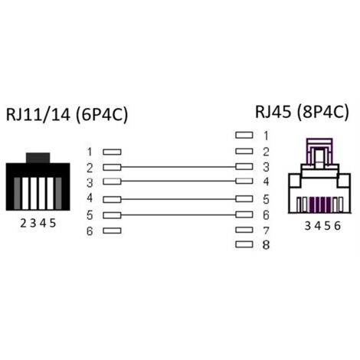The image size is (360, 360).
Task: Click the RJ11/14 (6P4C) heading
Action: [x=67, y=114]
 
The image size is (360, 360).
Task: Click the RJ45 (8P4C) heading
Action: [x=302, y=112]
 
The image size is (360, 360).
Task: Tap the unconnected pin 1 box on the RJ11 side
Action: [x=112, y=152]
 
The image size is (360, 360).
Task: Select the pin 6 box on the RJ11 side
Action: [x=112, y=231]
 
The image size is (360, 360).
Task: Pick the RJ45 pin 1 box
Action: [x=244, y=135]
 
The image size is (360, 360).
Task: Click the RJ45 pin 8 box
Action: [x=244, y=244]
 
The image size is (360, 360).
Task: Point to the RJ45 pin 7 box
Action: [x=244, y=230]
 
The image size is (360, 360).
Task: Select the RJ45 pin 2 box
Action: [x=244, y=151]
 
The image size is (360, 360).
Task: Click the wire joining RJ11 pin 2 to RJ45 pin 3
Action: [x=178, y=167]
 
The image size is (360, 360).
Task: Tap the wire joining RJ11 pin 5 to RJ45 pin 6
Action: [x=178, y=215]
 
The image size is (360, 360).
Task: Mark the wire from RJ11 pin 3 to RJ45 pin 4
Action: [x=178, y=181]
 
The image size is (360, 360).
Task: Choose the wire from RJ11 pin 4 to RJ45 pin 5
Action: [x=178, y=199]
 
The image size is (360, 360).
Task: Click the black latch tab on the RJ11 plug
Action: [x=38, y=158]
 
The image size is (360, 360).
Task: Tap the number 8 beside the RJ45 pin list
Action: [x=266, y=245]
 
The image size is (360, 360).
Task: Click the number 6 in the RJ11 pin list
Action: [x=90, y=231]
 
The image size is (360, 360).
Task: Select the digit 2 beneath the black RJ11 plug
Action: [x=23, y=224]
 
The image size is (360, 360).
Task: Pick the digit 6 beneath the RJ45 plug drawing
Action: [x=338, y=226]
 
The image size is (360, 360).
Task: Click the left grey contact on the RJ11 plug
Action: [x=17, y=194]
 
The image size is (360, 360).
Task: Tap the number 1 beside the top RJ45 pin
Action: [x=267, y=136]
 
